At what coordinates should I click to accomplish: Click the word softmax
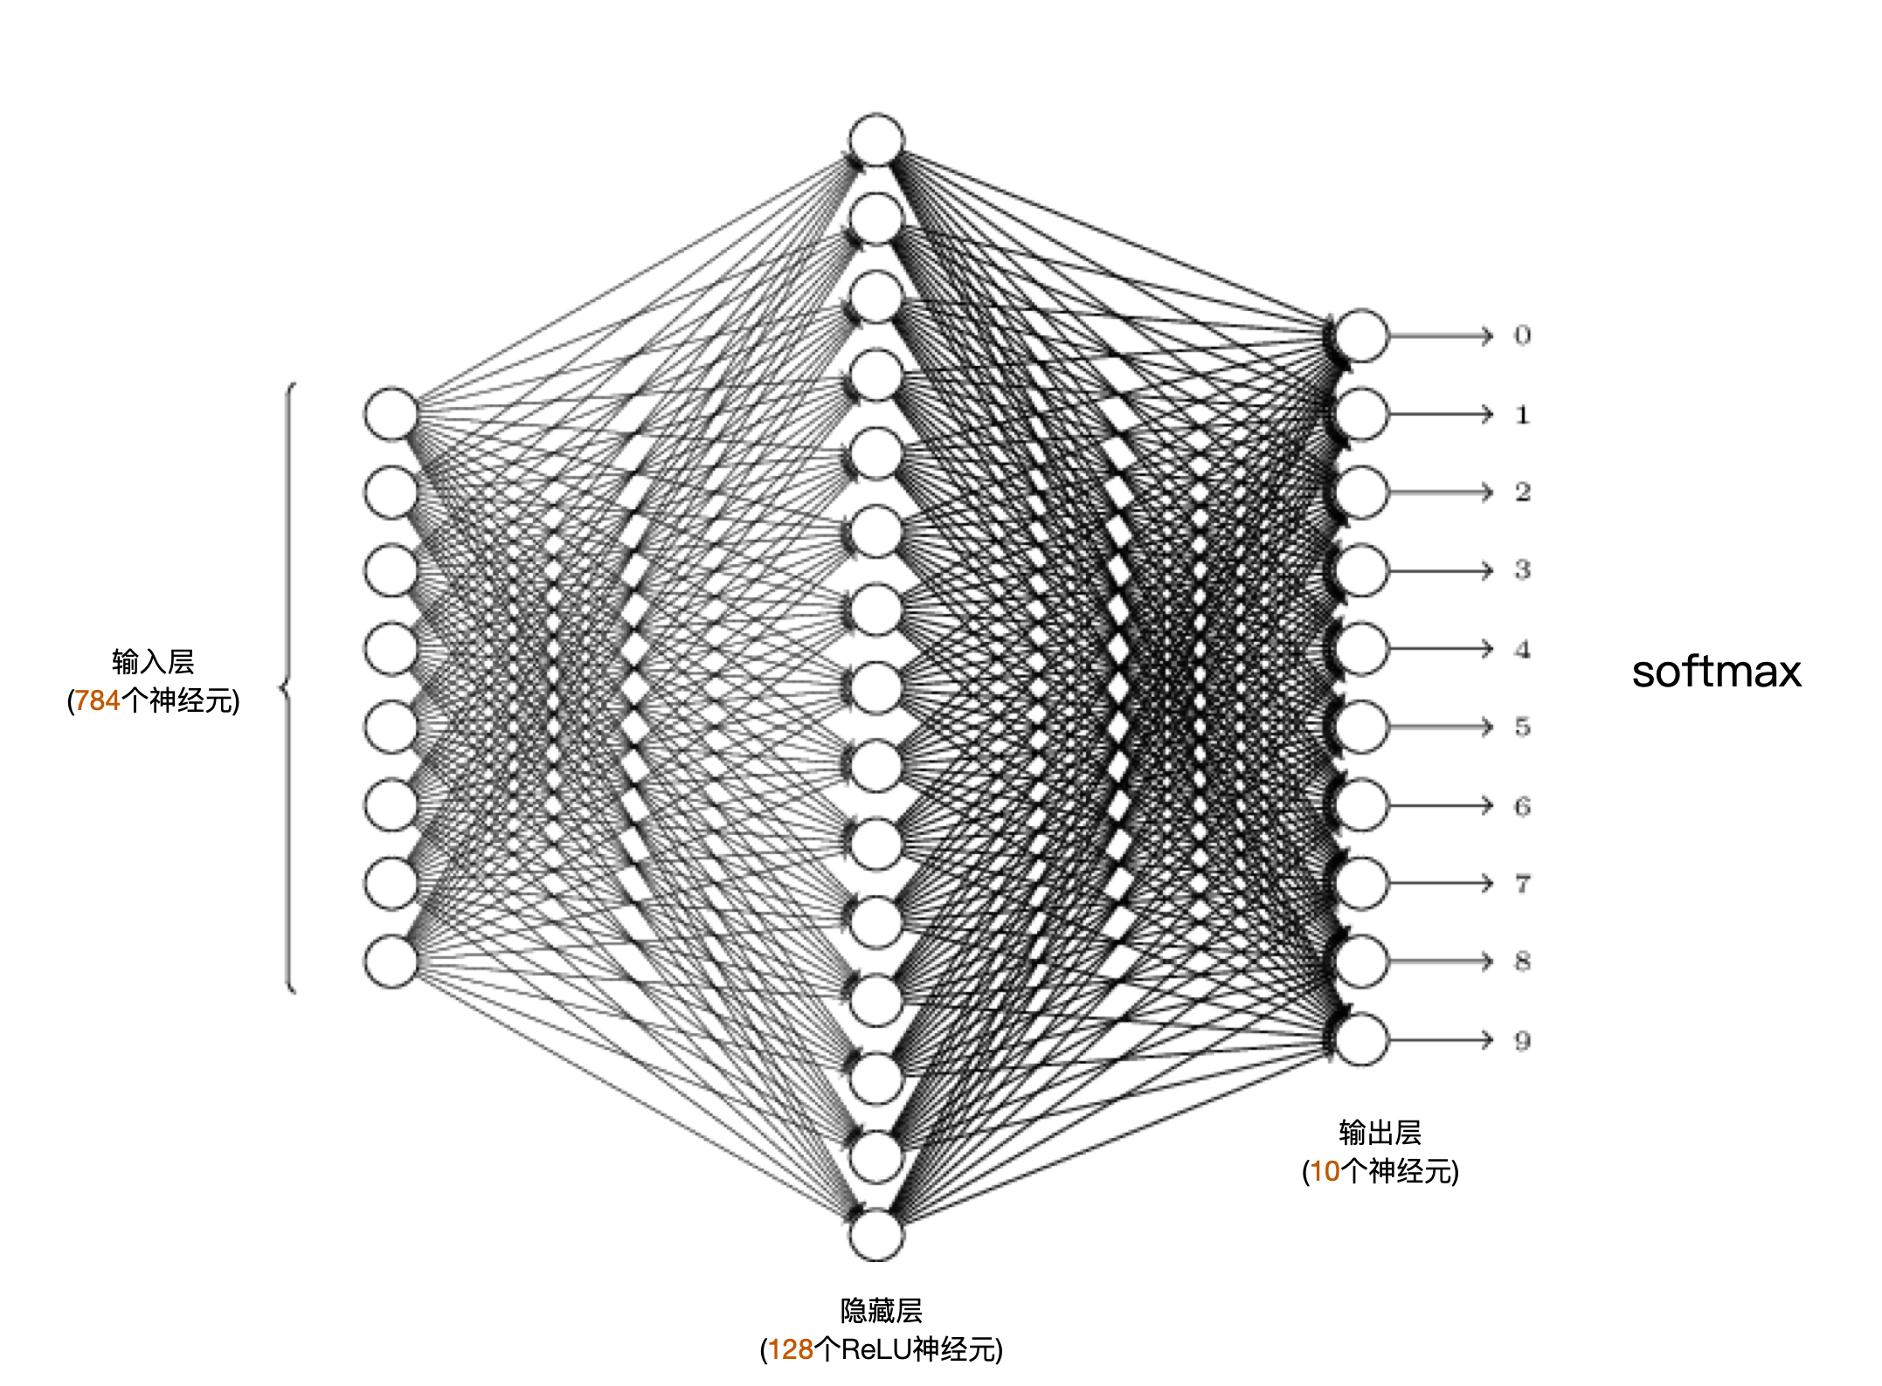tap(1716, 672)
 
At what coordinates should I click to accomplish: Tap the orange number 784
tap(97, 700)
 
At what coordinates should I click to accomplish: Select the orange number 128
tap(791, 1349)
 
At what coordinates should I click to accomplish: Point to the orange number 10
tap(1325, 1171)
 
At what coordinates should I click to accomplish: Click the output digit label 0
tap(1522, 335)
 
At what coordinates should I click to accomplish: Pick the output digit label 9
tap(1522, 1040)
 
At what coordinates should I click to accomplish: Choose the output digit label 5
tap(1522, 727)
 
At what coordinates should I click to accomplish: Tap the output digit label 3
tap(1522, 570)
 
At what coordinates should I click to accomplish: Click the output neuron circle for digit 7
tap(1361, 884)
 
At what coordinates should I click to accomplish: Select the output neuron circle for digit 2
tap(1361, 493)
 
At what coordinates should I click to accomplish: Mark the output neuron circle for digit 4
tap(1361, 649)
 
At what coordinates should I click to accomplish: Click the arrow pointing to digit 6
tap(1441, 805)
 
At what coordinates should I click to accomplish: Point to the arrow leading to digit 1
tap(1441, 414)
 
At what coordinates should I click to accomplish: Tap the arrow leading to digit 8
tap(1441, 962)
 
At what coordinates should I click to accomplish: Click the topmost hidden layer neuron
tap(876, 140)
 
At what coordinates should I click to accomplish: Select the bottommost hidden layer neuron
tap(876, 1235)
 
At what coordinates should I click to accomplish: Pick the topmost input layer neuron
tap(391, 414)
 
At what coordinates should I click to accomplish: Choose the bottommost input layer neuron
tap(391, 962)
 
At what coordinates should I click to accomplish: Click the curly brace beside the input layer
tap(288, 688)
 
